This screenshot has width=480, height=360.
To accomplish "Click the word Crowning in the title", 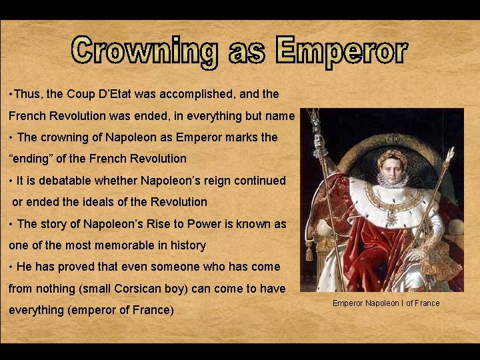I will pyautogui.click(x=146, y=52).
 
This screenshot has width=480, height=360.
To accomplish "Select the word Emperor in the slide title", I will pyautogui.click(x=341, y=52).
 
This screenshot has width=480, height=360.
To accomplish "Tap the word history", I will pyautogui.click(x=187, y=245).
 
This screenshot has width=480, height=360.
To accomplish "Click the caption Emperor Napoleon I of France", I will pyautogui.click(x=386, y=303).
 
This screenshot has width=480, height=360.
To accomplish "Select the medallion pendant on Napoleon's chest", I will pyautogui.click(x=392, y=217).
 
